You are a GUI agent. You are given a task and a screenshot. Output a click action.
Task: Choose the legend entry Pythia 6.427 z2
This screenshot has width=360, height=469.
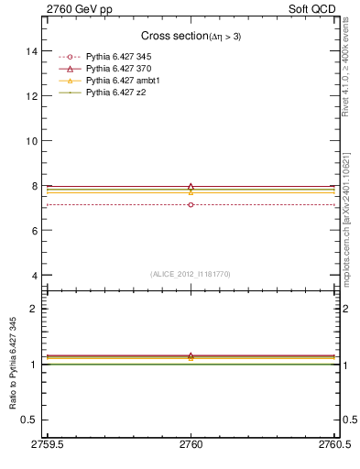(x=115, y=92)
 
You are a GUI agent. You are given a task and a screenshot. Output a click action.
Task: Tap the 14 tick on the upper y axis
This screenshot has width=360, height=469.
(x=31, y=51)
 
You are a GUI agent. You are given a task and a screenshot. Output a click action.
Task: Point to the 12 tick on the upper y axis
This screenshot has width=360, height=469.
(x=31, y=96)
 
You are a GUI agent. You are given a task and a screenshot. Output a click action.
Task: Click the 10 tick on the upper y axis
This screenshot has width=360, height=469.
(x=31, y=141)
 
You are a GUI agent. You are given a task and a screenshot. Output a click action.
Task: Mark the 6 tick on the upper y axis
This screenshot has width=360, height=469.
(x=35, y=231)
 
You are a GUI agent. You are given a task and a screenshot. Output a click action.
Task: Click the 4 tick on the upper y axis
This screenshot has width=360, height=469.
(x=35, y=276)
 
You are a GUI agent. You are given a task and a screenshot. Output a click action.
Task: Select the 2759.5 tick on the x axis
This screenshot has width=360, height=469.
(x=47, y=445)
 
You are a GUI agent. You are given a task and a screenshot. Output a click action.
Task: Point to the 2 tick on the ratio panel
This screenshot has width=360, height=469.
(x=35, y=309)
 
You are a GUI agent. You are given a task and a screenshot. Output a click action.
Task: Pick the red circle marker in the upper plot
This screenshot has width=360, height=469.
(x=191, y=204)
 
